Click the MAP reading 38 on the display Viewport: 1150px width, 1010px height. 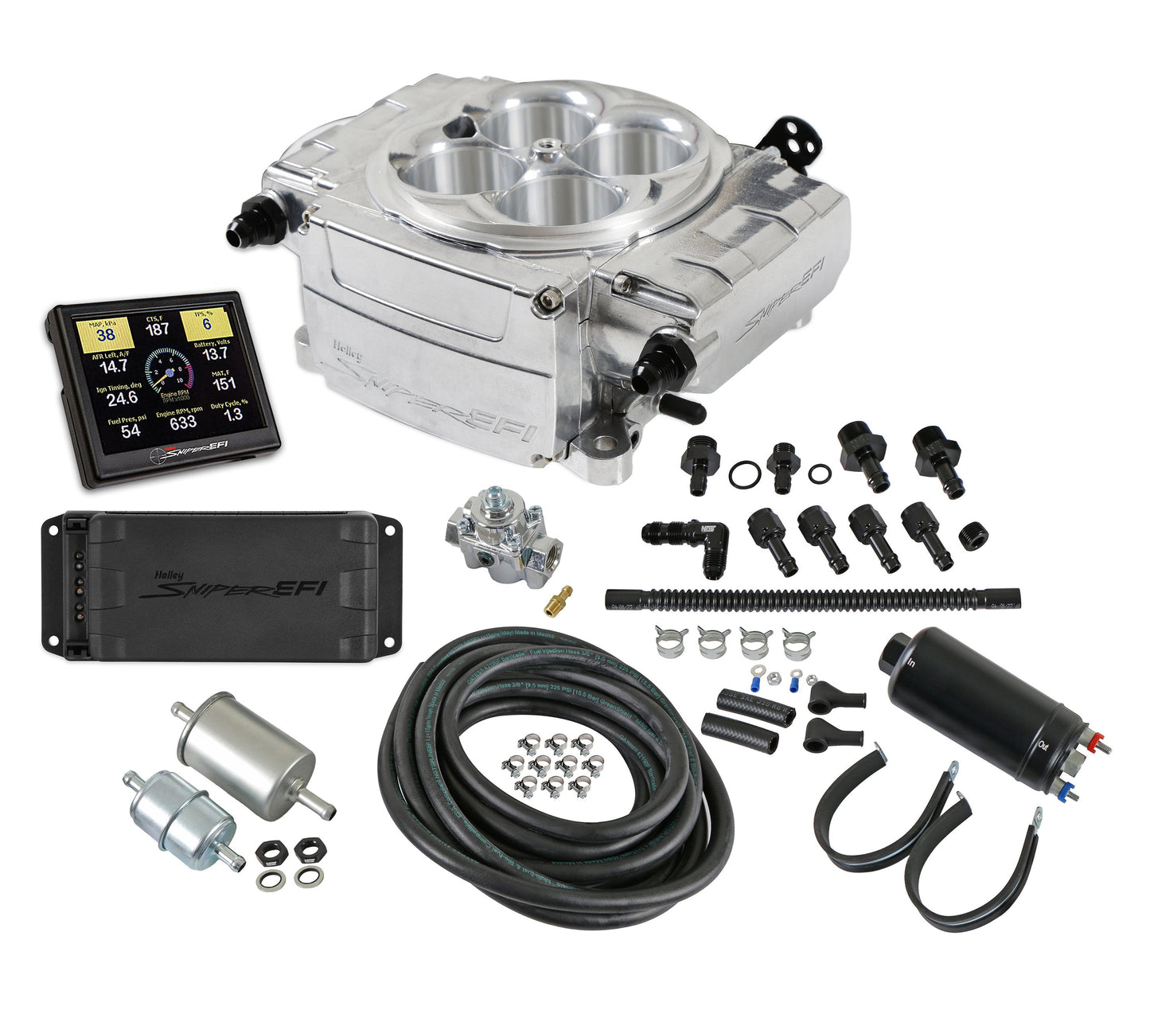105,334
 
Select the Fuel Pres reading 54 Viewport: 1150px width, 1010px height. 131,431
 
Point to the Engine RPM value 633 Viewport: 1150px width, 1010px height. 182,422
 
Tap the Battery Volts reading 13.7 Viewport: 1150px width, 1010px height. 215,354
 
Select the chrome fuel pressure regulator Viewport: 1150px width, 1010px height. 503,536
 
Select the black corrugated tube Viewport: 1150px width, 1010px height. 812,598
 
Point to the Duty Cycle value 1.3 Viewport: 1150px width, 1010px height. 232,415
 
